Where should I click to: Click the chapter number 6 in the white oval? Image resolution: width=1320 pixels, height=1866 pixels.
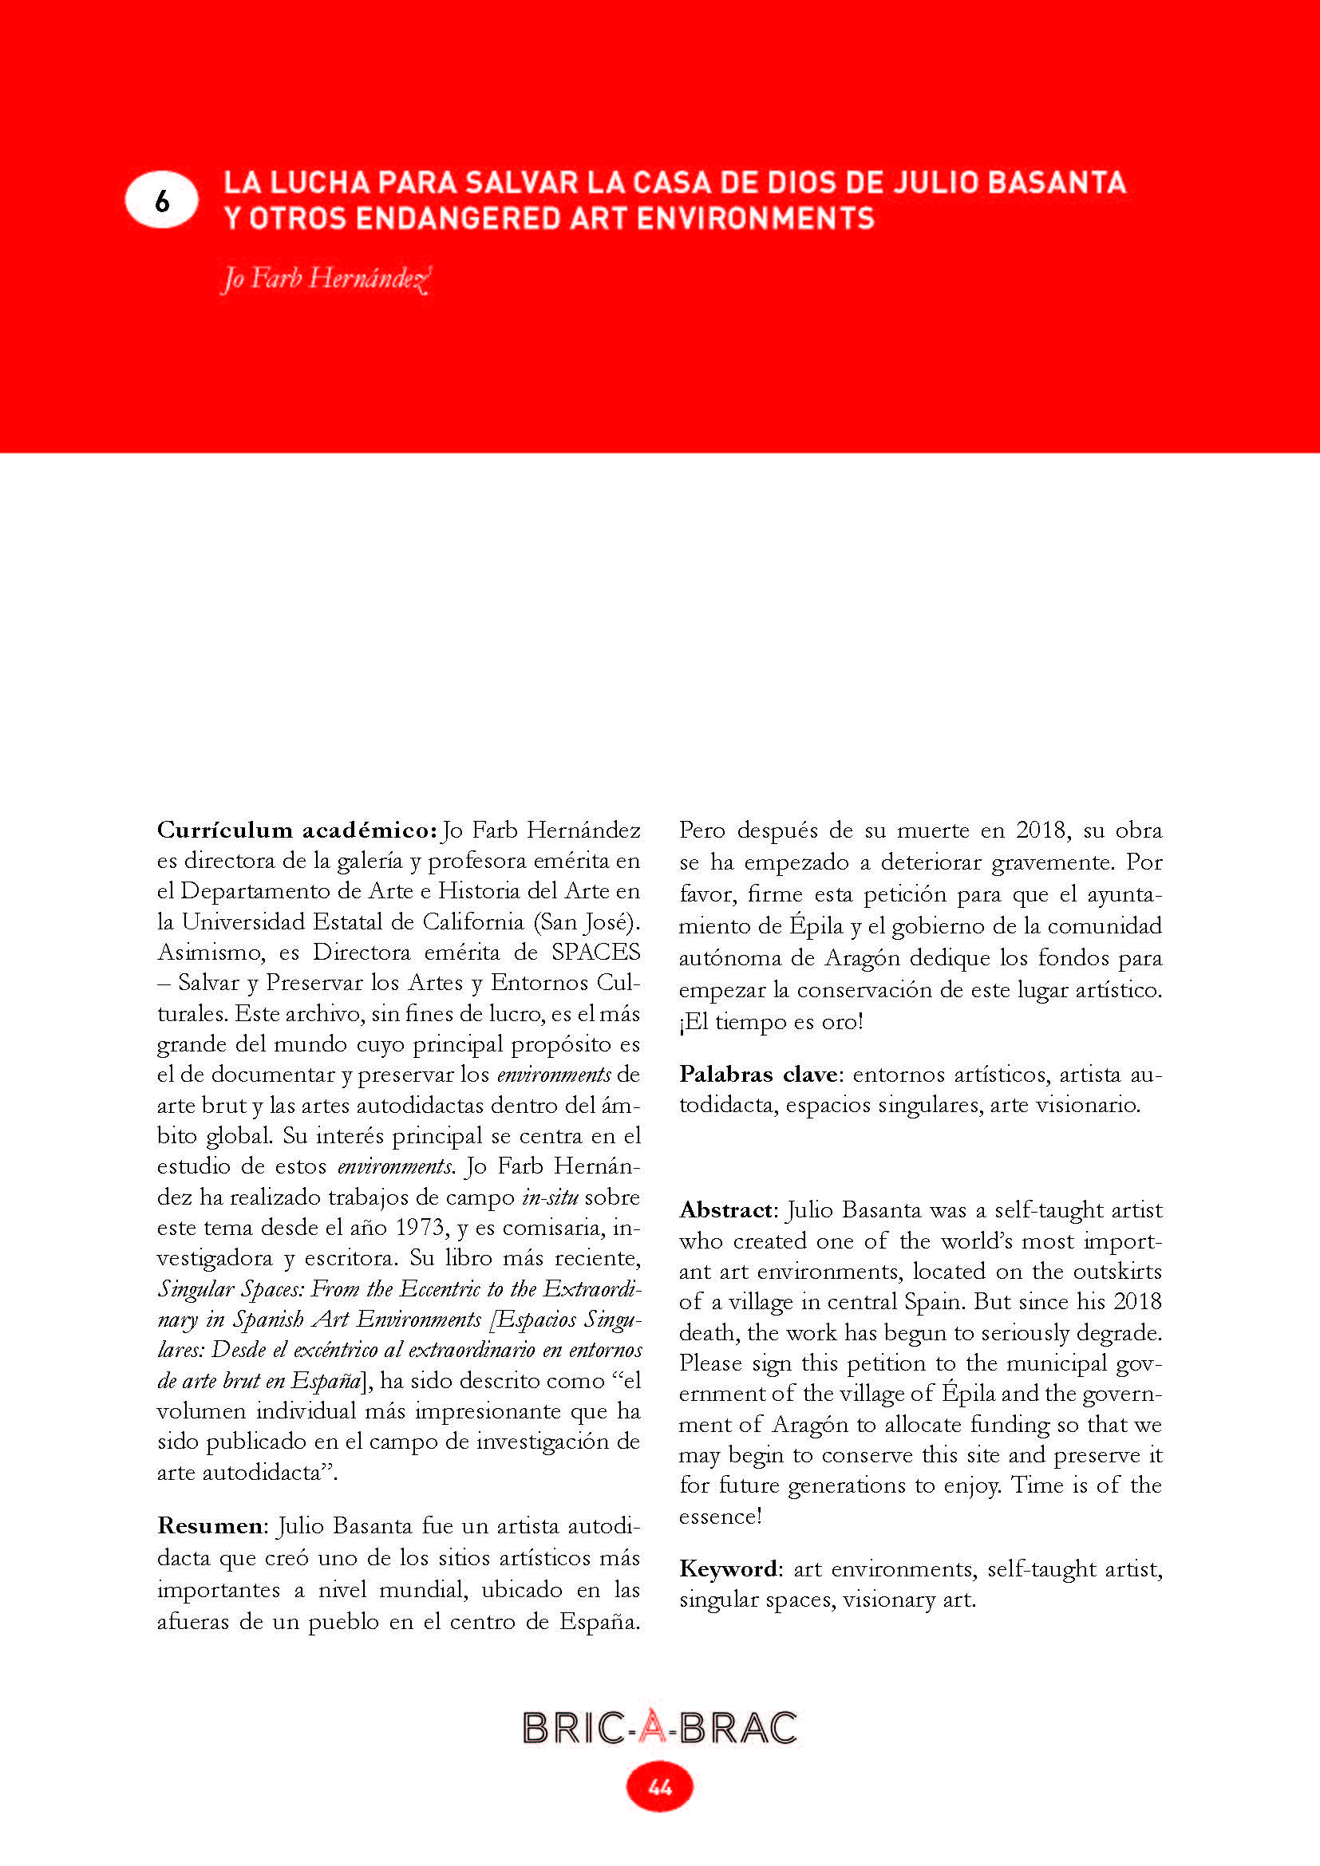pos(162,200)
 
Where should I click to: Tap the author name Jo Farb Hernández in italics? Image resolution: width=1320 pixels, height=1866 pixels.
pos(325,278)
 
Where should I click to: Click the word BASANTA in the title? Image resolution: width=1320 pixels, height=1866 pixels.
pos(1057,182)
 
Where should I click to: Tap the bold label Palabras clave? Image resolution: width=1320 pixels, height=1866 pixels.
pos(757,1075)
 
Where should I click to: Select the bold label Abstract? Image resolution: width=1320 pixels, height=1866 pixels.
pos(725,1210)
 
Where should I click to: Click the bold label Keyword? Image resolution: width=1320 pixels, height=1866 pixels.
pos(729,1568)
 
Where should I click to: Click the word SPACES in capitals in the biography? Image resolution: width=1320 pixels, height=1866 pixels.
pos(596,953)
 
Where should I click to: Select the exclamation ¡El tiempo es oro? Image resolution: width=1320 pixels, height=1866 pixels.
pos(771,1022)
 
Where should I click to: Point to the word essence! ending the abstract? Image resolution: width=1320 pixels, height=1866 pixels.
pos(720,1517)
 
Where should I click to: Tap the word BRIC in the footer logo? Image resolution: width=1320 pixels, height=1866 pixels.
pos(573,1728)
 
